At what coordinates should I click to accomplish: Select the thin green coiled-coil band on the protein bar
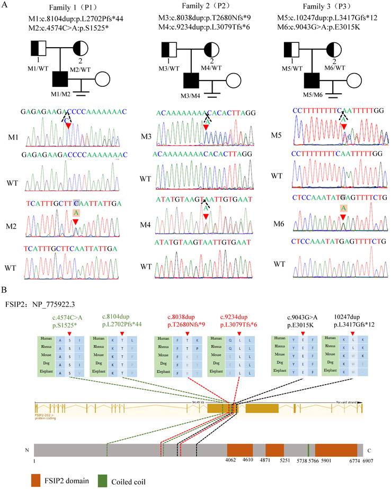pyautogui.click(x=308, y=450)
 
